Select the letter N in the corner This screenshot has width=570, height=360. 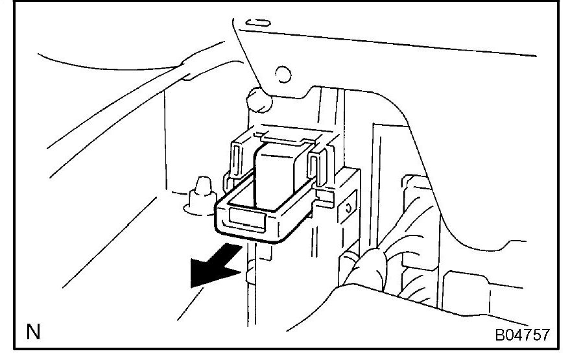pos(31,335)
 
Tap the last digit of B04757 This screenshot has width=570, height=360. pos(545,335)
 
